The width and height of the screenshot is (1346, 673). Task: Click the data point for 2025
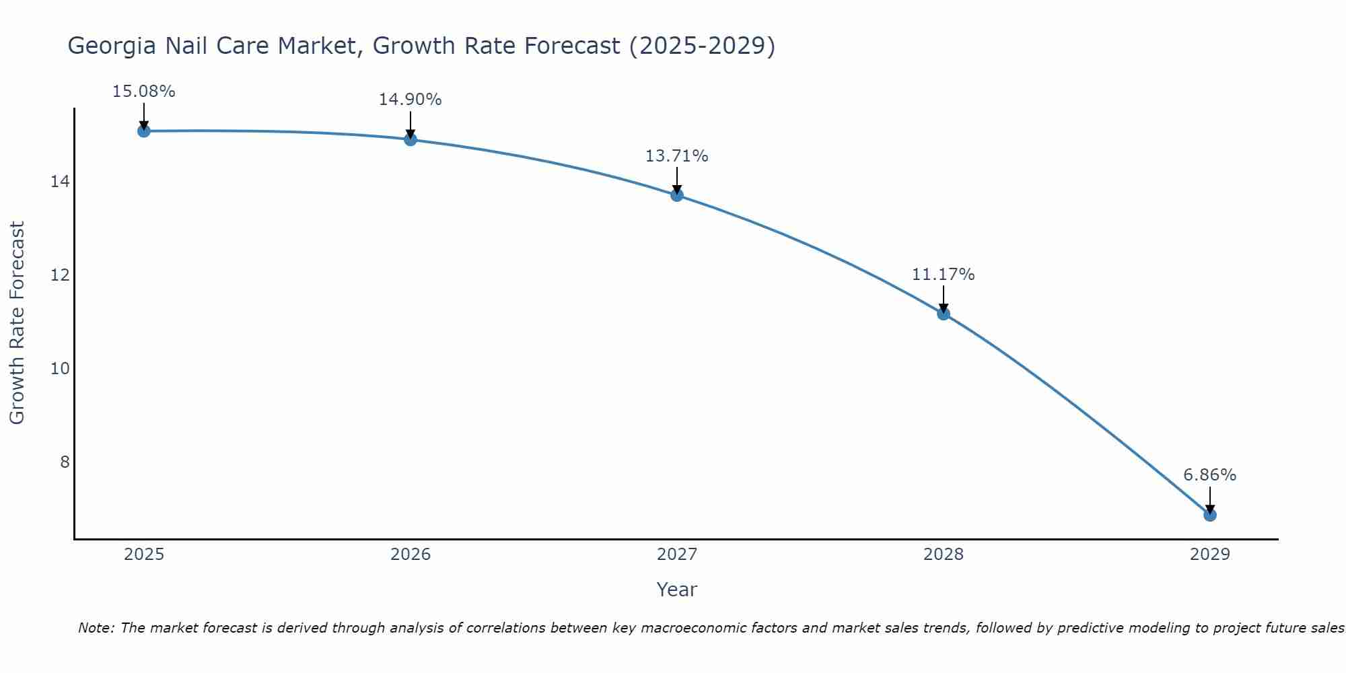coord(143,131)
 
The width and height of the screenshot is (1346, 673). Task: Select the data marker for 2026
coord(411,139)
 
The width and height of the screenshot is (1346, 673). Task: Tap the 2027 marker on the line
coord(677,195)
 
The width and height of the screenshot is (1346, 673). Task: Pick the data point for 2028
coord(944,314)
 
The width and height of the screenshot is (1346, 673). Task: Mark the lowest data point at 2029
coord(1210,515)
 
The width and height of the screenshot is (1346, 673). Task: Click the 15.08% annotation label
coord(143,92)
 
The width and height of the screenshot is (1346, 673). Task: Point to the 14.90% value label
coord(410,100)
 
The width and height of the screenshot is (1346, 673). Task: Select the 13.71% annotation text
coord(676,156)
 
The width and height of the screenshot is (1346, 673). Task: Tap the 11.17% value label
coord(943,275)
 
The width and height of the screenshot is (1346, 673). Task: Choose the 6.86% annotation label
coord(1209,475)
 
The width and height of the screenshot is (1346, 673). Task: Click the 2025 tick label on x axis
coord(144,555)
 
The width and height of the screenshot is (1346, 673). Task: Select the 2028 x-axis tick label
coord(944,555)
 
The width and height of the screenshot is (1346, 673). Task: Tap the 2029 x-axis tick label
coord(1210,555)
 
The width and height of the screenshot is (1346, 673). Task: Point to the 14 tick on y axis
coord(60,182)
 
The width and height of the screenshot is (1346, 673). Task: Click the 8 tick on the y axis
coord(65,462)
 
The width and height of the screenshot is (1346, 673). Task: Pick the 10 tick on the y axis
coord(60,368)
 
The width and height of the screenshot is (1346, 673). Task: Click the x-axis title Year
coord(676,590)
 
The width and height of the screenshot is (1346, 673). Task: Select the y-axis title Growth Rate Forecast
coord(17,322)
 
